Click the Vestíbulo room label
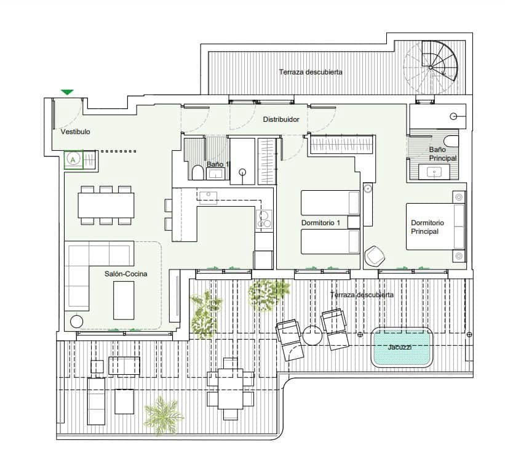[x=76, y=132]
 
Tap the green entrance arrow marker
[x=67, y=92]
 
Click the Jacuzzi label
[x=400, y=347]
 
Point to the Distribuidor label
[x=281, y=119]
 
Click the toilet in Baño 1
[x=197, y=172]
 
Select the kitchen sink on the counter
[x=209, y=197]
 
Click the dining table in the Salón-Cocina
[x=106, y=205]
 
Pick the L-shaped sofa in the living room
[x=92, y=271]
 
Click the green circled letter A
[x=73, y=159]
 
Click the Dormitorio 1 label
[x=320, y=222]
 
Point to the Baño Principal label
[x=443, y=154]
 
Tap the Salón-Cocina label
[x=125, y=274]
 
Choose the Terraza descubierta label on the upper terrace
[x=311, y=72]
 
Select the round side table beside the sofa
[x=77, y=321]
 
